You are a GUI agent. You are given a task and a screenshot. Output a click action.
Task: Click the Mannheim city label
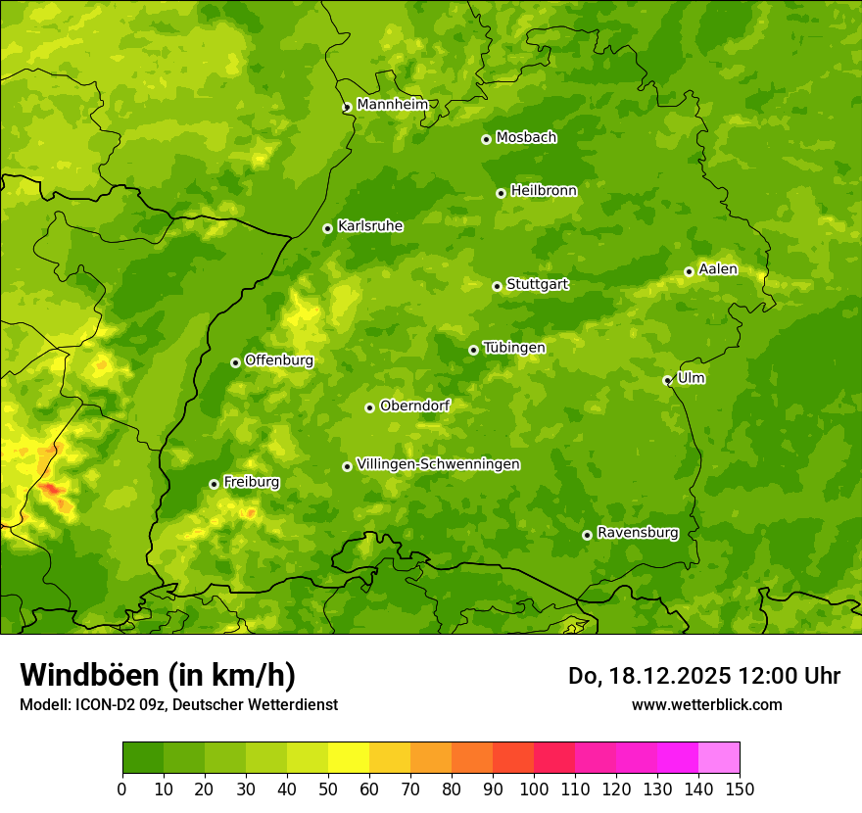click(392, 105)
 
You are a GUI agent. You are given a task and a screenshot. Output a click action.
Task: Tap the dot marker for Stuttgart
click(497, 286)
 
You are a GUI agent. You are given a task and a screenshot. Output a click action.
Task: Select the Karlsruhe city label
click(369, 226)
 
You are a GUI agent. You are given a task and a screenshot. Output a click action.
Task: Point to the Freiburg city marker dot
click(214, 484)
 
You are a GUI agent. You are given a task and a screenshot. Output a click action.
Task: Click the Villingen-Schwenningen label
click(438, 464)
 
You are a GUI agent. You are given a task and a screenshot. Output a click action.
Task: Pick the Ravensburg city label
click(637, 533)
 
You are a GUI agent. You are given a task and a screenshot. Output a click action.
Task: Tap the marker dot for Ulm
click(667, 380)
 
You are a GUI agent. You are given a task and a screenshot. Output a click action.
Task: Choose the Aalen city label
click(718, 269)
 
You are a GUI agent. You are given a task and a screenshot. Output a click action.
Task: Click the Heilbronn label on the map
click(544, 191)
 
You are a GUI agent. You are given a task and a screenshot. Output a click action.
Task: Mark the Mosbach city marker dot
click(486, 139)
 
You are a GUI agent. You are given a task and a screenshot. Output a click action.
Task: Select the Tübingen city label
click(513, 348)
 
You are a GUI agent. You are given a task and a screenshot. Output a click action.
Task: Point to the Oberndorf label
click(414, 406)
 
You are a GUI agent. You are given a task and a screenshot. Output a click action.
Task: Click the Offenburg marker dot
click(235, 362)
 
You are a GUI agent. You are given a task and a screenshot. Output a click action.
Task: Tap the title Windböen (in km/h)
click(158, 675)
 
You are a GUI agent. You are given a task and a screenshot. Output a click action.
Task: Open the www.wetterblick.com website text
click(706, 704)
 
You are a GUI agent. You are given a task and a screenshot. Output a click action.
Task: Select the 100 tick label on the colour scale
click(534, 789)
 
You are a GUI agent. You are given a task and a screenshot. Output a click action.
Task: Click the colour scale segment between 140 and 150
click(719, 758)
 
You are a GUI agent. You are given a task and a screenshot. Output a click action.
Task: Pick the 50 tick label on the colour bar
click(328, 789)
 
